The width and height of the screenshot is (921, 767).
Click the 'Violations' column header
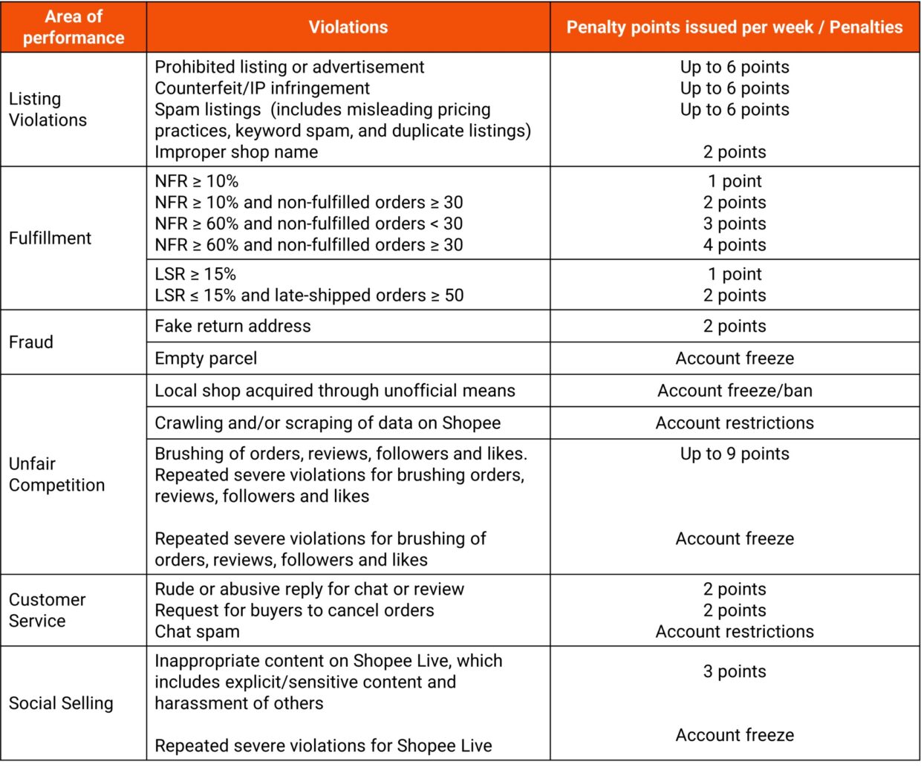point(348,27)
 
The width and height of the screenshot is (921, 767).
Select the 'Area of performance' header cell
point(74,27)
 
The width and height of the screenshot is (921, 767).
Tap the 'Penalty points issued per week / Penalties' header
point(734,27)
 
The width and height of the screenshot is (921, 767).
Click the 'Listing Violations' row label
point(48,109)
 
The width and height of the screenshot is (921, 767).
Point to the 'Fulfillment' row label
point(50,238)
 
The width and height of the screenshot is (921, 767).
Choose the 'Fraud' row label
point(31,342)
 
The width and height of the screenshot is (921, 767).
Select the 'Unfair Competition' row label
point(56,474)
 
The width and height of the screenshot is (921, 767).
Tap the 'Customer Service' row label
point(48,610)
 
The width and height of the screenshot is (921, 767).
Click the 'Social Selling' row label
point(61,703)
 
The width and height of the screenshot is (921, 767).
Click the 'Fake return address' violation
point(232,326)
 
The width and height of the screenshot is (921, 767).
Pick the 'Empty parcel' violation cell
point(206,359)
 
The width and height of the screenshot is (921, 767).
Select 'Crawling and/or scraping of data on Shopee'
point(328,423)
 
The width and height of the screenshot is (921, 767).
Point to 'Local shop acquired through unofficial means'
point(334,391)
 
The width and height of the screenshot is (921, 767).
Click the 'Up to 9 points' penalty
point(735,454)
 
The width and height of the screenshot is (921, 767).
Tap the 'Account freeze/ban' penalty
point(735,391)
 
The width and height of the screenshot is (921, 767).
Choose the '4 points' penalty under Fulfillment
point(735,245)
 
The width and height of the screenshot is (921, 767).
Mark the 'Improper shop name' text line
point(236,152)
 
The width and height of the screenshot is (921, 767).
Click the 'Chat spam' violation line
point(197,632)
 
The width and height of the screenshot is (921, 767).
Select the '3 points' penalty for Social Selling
point(735,672)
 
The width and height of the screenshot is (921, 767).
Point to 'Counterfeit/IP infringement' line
point(262,88)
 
